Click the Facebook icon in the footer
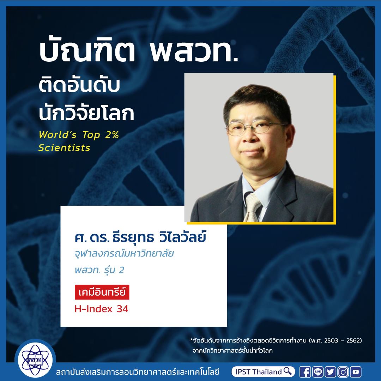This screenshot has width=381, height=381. pos(305,372)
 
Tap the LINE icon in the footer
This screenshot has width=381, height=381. pos(318,372)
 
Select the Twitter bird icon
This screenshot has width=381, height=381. pos(331,372)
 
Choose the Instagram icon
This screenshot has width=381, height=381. pos(343,372)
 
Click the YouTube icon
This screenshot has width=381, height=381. pos(356,372)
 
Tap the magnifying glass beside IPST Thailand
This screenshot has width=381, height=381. pos(288,371)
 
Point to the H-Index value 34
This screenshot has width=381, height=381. pos(122,309)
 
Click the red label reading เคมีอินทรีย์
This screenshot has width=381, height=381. pos(102,292)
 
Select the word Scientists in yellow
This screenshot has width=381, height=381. pos(65,148)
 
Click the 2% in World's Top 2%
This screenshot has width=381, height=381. pos(112,135)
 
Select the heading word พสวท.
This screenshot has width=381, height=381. pos(194,52)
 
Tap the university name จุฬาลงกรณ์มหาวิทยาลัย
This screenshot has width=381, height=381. pos(124,254)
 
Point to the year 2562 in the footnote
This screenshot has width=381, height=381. pos(353,340)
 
